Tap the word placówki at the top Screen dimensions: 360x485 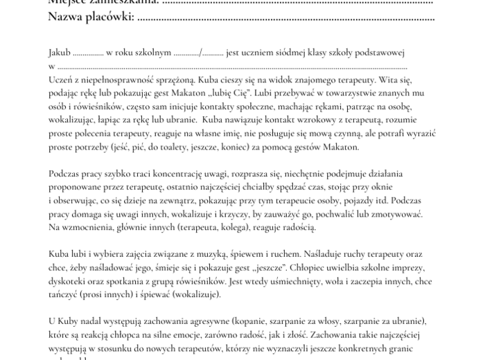109,17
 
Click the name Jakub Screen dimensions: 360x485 60,53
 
